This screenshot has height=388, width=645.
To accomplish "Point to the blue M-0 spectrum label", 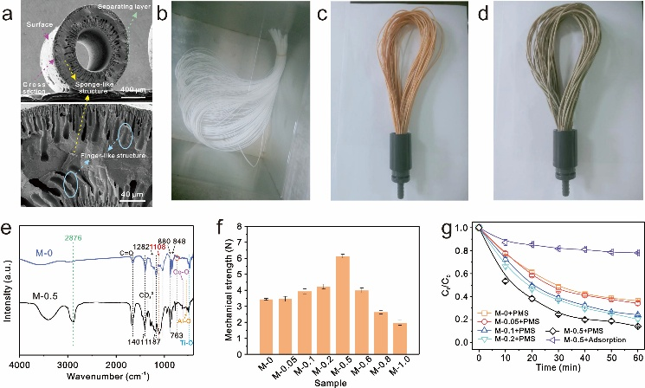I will [46, 252].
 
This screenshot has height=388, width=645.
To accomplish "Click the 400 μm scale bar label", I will [132, 89].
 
